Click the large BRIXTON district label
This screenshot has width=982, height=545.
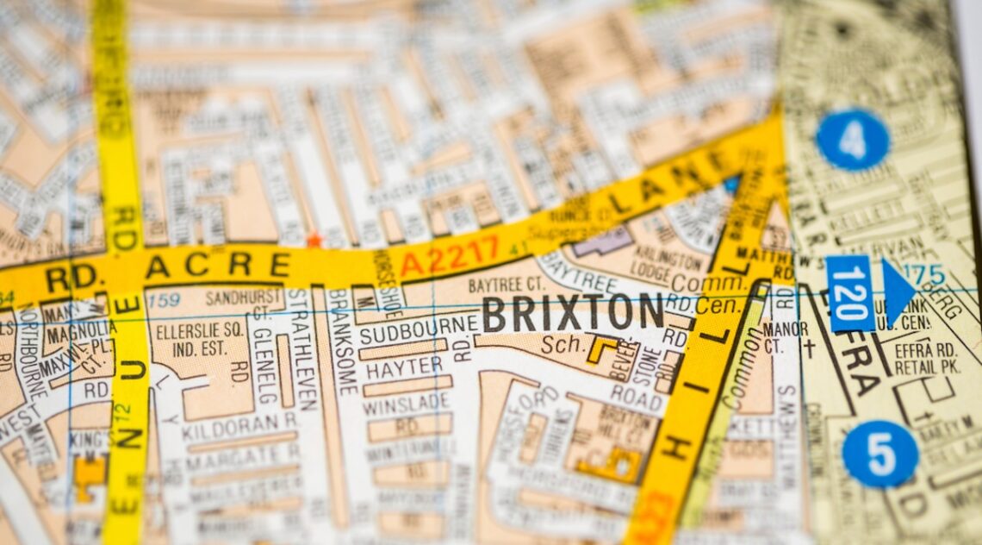[x=573, y=313]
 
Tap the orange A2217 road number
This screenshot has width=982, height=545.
[x=450, y=256]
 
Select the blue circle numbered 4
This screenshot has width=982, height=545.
[x=852, y=140]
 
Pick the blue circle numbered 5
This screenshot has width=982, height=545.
[x=879, y=454]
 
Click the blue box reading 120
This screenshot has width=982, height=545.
[x=848, y=293]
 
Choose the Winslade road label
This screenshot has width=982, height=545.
[x=406, y=402]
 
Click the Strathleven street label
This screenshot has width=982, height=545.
[x=302, y=349]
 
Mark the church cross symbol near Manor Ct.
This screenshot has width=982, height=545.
[x=809, y=348]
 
